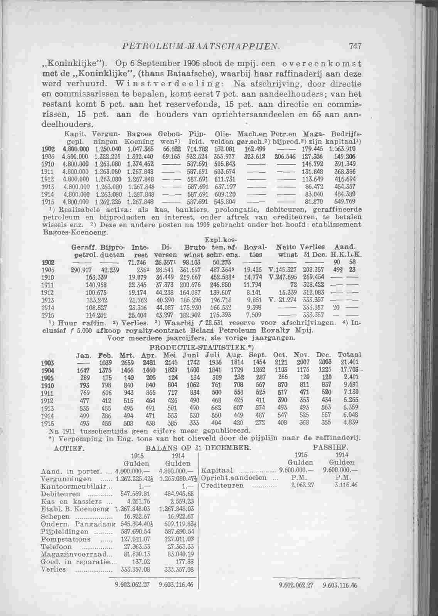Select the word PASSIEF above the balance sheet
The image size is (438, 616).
click(331, 448)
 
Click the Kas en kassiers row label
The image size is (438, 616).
click(72, 502)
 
